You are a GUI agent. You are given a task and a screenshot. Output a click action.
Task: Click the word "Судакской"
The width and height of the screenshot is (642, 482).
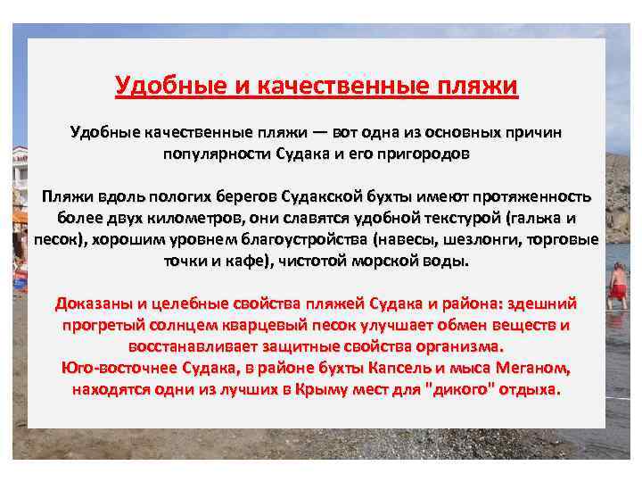(x=326, y=196)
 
